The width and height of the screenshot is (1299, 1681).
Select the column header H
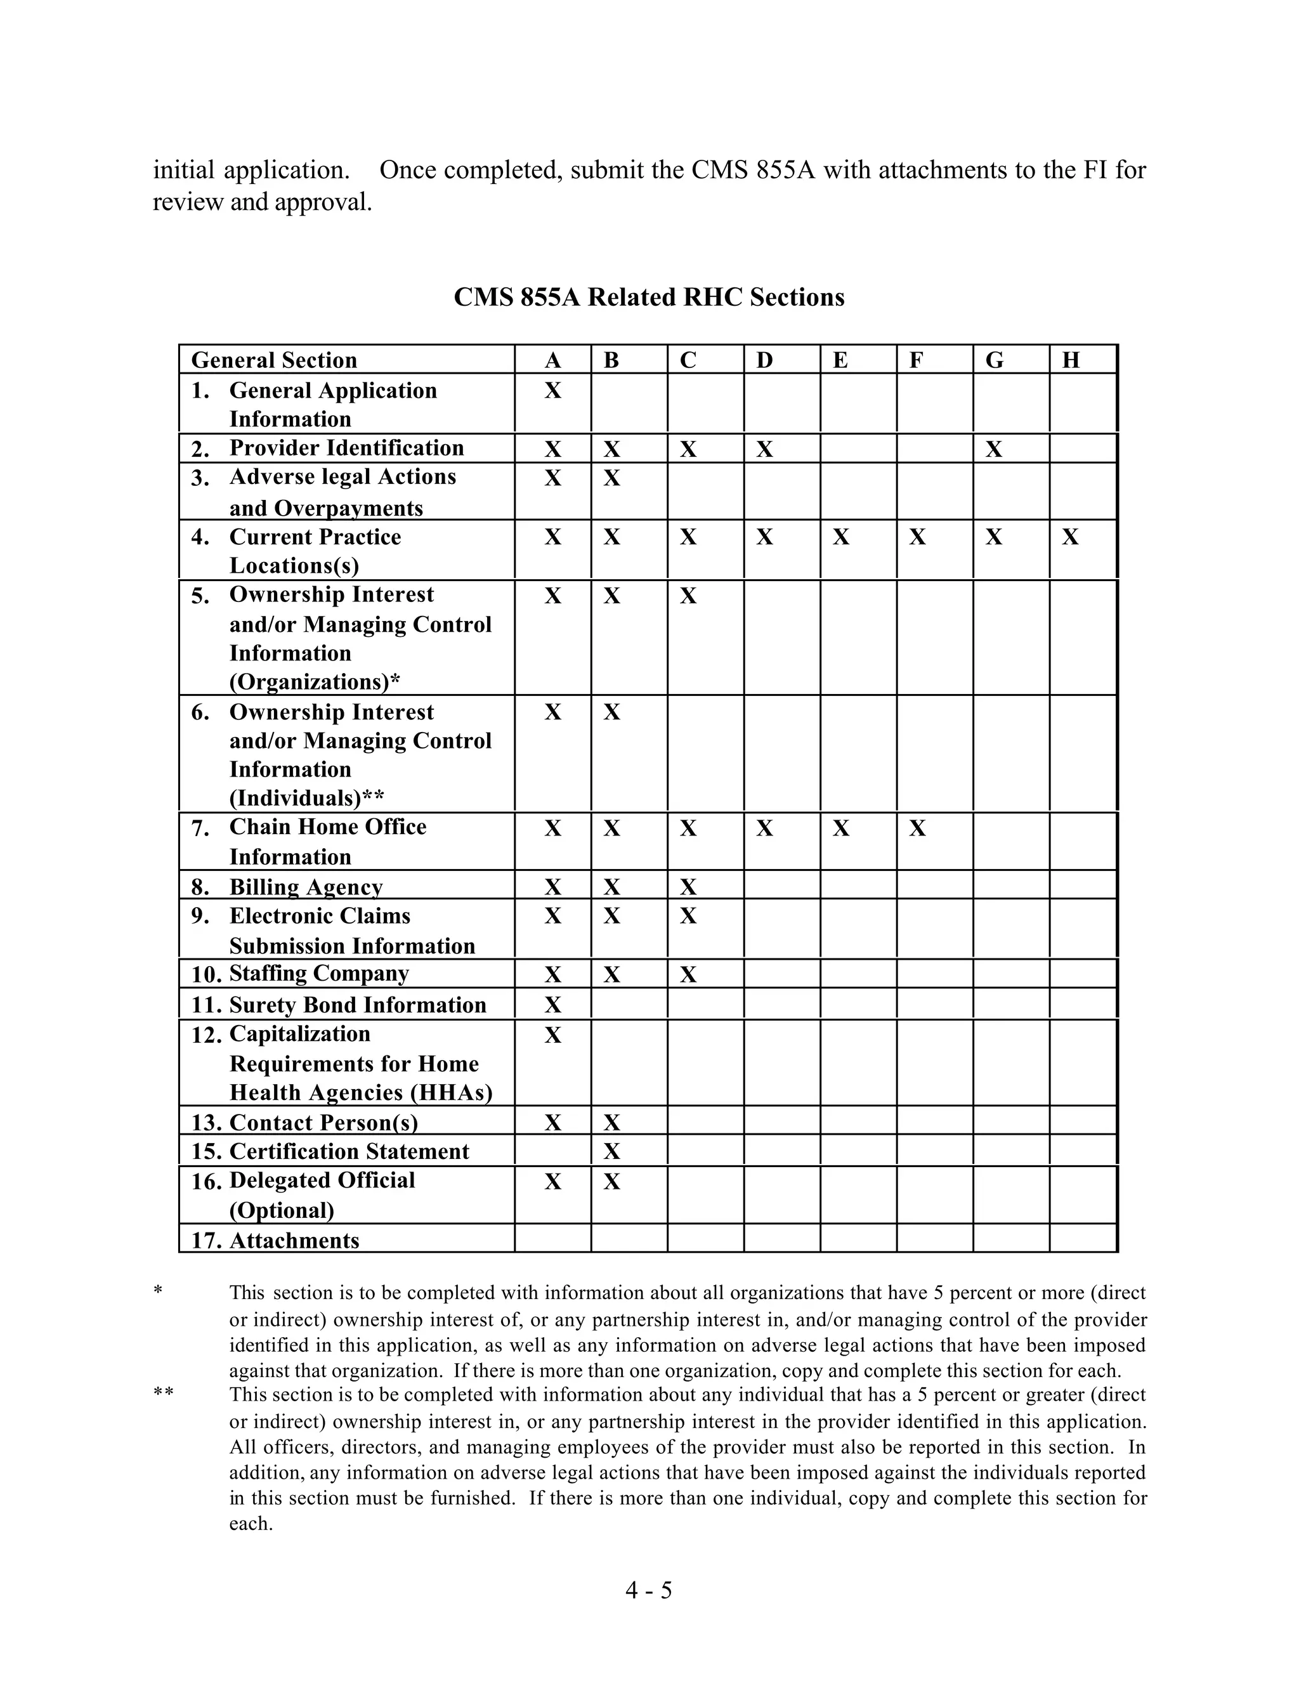coord(1071,360)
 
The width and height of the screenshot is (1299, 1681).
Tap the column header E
coord(840,360)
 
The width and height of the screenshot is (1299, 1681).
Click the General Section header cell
coord(274,360)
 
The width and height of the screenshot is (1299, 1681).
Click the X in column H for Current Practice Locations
coord(1071,537)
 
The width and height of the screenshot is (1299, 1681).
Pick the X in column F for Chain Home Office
coord(917,829)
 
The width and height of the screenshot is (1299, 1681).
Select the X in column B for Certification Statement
coord(612,1151)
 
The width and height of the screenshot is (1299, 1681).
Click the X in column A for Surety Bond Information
coord(552,1005)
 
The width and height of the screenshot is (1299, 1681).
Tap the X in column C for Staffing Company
coord(688,975)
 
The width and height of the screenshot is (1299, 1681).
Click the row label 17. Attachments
coord(275,1241)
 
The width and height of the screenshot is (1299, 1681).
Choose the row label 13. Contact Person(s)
coord(304,1123)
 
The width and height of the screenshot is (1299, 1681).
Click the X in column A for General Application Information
coord(552,391)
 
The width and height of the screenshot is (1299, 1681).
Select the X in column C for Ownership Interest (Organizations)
coord(688,596)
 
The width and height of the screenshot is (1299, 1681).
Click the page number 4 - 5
coord(649,1590)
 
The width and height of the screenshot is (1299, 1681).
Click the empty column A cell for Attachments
coord(552,1238)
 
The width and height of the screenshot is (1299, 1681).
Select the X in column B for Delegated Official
coord(612,1182)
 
